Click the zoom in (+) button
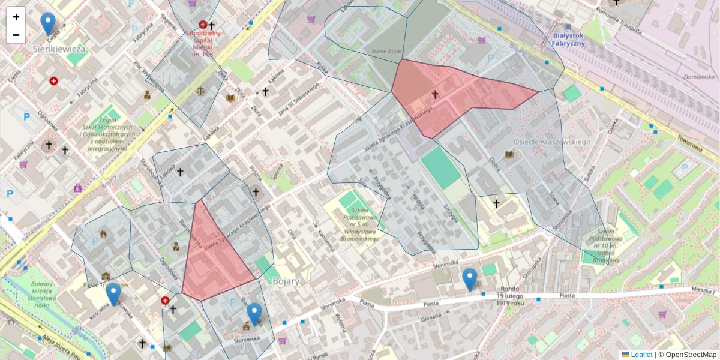tap(16, 17)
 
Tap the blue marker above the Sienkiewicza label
tap(48, 25)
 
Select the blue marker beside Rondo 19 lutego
tap(470, 280)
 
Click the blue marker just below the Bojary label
tap(254, 314)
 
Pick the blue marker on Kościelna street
tap(113, 295)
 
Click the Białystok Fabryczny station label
tap(568, 39)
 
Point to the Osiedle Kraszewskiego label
tap(552, 142)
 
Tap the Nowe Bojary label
tap(386, 52)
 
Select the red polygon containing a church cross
tap(456, 96)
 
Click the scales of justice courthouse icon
tap(200, 91)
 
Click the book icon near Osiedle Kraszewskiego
tap(509, 155)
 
